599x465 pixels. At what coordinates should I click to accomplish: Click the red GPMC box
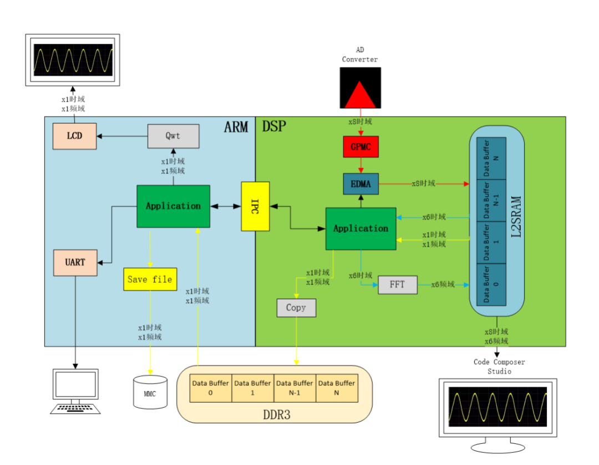pos(361,147)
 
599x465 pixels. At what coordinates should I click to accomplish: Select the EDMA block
pos(361,183)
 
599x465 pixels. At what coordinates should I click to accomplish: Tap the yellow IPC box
pos(255,206)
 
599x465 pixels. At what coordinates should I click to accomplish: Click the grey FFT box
pos(397,284)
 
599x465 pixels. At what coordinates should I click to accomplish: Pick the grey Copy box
pos(296,308)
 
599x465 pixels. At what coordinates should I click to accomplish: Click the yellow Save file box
pos(150,279)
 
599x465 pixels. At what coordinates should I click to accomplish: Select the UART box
pos(75,262)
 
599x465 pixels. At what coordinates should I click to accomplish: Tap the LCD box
pos(74,136)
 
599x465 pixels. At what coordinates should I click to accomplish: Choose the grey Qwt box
pos(173,136)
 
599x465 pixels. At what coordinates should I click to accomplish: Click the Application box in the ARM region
pos(173,206)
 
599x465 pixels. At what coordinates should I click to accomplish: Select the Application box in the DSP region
pos(361,228)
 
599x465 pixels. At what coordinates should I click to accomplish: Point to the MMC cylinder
pos(150,392)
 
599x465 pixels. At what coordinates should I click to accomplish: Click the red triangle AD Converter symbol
pos(360,88)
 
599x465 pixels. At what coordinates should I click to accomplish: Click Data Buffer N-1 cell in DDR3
pos(295,388)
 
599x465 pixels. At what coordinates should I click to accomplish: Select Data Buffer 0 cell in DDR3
pos(210,388)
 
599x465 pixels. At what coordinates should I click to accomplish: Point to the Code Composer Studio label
pos(499,366)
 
